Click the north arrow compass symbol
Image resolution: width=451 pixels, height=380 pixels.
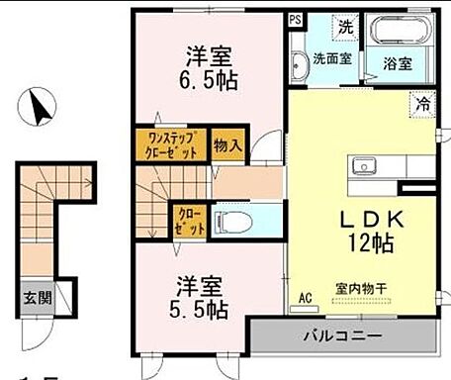pos(39,106)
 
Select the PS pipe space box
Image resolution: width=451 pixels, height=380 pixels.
pos(296,19)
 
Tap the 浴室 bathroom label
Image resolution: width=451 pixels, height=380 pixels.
pos(398,61)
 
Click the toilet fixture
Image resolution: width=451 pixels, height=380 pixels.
pos(233,220)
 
